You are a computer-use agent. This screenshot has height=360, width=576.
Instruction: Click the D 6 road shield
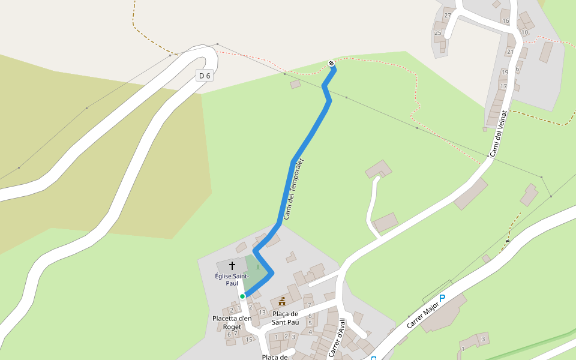[205, 76]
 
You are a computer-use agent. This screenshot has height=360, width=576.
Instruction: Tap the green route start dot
[242, 296]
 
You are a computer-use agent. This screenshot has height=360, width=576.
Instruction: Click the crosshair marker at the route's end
[331, 63]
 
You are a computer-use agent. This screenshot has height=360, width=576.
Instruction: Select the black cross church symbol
[232, 265]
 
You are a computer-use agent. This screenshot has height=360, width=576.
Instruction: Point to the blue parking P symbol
[443, 298]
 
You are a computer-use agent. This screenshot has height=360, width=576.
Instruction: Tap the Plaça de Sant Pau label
[285, 318]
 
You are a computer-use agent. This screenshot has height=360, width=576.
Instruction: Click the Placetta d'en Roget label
[232, 322]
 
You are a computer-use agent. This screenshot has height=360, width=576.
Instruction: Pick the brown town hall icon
[282, 301]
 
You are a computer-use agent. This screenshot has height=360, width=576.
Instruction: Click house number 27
[447, 15]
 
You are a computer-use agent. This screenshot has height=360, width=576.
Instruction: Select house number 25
[437, 32]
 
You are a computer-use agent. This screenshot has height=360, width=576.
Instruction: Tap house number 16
[505, 21]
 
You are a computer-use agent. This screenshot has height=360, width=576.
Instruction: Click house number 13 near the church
[262, 312]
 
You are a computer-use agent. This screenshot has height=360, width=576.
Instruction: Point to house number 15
[248, 340]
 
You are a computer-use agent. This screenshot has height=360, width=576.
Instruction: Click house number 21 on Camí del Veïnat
[510, 52]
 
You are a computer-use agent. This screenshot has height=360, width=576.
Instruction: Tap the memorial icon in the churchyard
[258, 267]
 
